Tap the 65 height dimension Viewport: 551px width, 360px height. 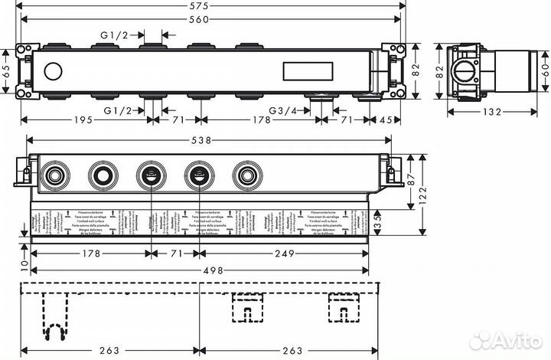click(x=7, y=73)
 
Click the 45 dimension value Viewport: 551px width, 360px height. click(x=389, y=120)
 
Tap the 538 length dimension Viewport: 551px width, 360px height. click(x=201, y=141)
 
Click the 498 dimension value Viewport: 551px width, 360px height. click(x=201, y=270)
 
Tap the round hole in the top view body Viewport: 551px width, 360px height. click(x=53, y=73)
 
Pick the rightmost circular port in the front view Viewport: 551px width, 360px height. click(x=246, y=176)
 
